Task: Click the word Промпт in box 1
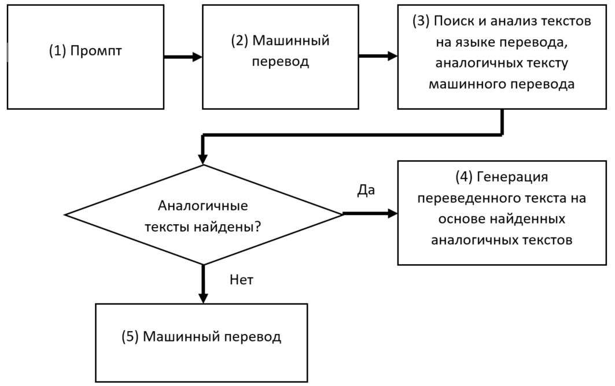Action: [96, 51]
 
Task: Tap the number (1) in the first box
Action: [58, 51]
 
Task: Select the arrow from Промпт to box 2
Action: [183, 57]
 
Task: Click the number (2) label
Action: [240, 41]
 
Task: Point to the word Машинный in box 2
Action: [291, 41]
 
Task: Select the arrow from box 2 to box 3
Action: [378, 56]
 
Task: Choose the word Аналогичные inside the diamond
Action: [202, 206]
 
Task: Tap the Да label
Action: [366, 190]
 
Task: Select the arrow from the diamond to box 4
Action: [370, 214]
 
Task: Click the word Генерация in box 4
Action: [512, 177]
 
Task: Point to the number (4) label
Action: [464, 177]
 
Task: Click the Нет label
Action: [242, 280]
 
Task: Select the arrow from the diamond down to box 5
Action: [203, 284]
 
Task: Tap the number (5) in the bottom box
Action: [130, 337]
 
